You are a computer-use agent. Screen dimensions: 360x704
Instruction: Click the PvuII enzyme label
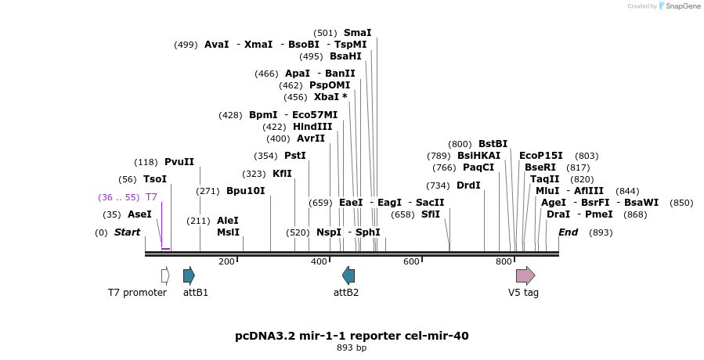[x=179, y=162]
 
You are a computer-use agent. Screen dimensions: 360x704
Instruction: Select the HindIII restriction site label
[x=312, y=127]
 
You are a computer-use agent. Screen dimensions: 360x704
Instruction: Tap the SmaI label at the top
[x=357, y=33]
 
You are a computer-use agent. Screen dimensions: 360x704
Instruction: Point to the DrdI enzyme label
[x=468, y=185]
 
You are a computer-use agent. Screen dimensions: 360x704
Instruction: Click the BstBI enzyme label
[x=493, y=144]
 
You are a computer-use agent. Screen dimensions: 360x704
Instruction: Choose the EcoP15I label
[x=540, y=156]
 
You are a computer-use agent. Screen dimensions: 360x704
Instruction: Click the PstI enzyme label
[x=294, y=156]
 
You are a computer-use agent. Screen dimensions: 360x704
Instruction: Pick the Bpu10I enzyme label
[x=245, y=191]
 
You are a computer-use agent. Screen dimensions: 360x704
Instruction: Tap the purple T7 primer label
[x=151, y=197]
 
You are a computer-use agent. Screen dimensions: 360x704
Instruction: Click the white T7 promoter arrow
[x=165, y=275]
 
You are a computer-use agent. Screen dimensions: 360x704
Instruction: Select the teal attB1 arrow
[x=189, y=275]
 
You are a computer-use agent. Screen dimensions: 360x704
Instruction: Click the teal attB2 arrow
[x=348, y=275]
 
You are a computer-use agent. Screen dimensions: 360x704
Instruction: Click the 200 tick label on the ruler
[x=226, y=262]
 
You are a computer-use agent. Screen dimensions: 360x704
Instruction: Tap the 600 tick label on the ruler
[x=411, y=262]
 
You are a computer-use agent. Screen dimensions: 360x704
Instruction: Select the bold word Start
[x=127, y=232]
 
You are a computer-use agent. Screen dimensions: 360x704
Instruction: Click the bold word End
[x=568, y=232]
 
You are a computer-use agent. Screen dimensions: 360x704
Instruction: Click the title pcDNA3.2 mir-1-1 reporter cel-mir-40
[x=352, y=336]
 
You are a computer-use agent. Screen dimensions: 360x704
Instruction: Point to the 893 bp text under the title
[x=352, y=348]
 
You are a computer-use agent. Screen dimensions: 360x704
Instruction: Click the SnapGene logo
[x=678, y=6]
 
